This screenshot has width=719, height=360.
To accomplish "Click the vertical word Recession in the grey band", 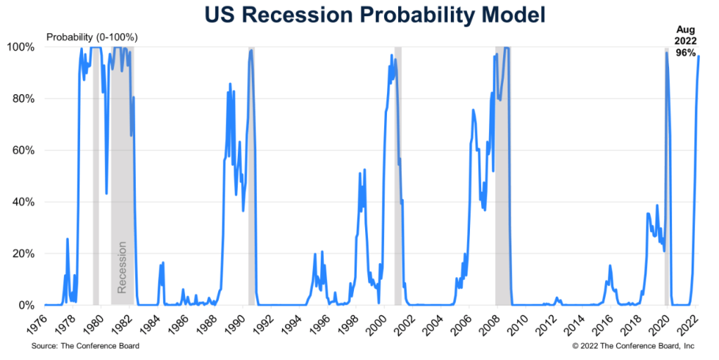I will [x=122, y=267].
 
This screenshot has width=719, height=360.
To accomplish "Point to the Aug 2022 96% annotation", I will [x=686, y=41].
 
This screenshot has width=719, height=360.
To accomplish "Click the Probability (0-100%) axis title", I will [x=91, y=36].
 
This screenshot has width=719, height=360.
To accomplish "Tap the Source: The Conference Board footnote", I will [x=85, y=346].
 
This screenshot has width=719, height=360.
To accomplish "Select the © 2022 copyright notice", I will [x=633, y=346].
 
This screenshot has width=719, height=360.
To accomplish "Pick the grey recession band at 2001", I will [x=397, y=176].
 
